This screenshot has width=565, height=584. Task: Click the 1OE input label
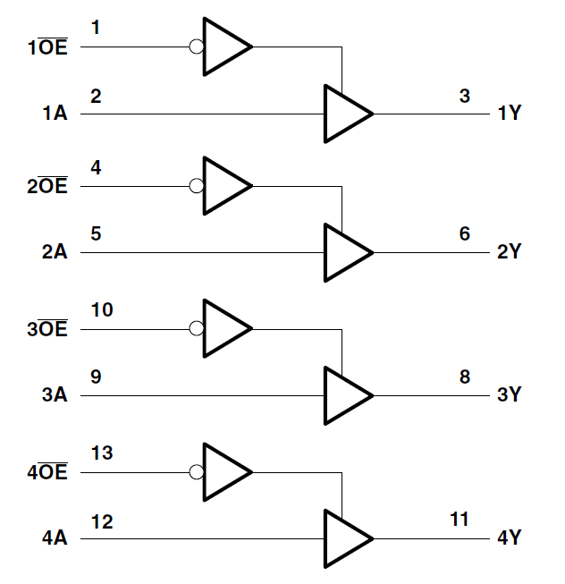pos(47,46)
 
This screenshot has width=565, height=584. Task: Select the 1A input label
pos(55,114)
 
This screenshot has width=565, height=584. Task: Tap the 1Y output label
pos(509,114)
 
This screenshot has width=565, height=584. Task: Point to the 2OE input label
pos(47,188)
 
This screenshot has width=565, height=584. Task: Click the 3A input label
pos(55,395)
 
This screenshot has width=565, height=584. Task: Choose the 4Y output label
pos(509,538)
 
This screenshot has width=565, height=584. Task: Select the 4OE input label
pos(47,473)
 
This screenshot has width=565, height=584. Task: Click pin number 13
pos(102,453)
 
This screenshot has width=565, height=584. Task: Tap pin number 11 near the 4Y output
pos(460,520)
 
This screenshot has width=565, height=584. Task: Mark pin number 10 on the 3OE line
pos(102,310)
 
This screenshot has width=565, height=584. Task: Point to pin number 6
pos(464,233)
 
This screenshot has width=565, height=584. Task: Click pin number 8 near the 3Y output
pos(464,377)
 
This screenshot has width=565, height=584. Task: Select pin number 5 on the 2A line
pos(96,233)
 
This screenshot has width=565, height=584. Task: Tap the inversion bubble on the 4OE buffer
pos(197,471)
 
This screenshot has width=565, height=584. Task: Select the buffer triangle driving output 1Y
pos(344,114)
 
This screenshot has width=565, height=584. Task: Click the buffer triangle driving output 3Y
pos(344,395)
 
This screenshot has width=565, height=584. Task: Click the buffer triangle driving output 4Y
pos(344,538)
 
